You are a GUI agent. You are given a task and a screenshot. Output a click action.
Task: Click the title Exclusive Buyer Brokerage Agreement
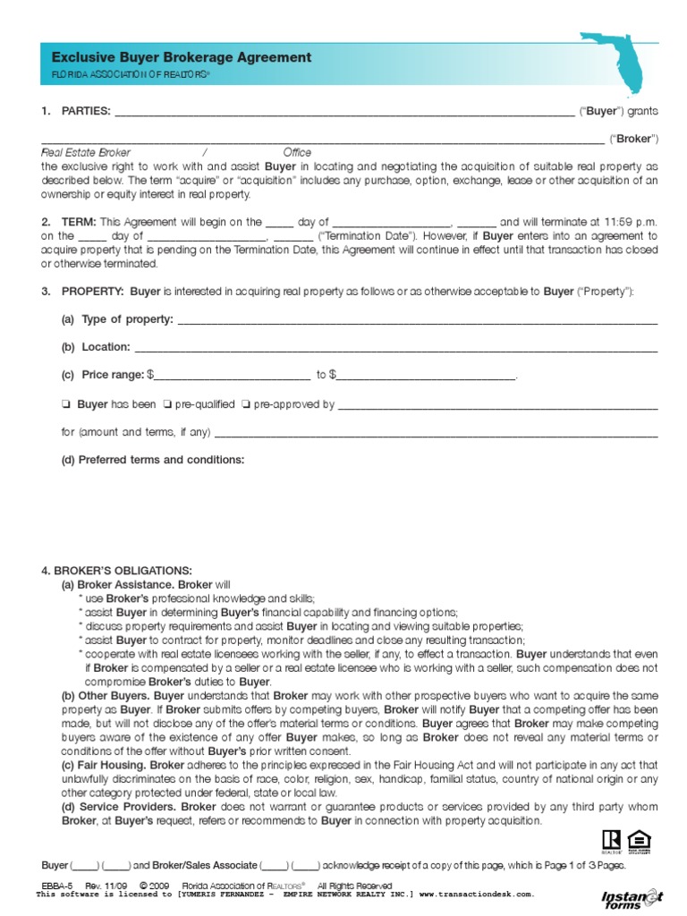pyautogui.click(x=182, y=57)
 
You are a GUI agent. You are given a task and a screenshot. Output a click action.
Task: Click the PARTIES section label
pyautogui.click(x=85, y=111)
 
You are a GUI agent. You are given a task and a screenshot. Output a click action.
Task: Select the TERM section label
pyautogui.click(x=79, y=222)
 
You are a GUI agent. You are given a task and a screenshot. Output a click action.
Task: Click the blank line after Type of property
pyautogui.click(x=417, y=319)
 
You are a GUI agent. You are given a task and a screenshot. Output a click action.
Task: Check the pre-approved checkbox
pyautogui.click(x=245, y=404)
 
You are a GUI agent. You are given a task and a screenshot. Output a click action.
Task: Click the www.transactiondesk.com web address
pyautogui.click(x=476, y=893)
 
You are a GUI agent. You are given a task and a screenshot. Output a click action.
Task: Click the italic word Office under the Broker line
pyautogui.click(x=297, y=153)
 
